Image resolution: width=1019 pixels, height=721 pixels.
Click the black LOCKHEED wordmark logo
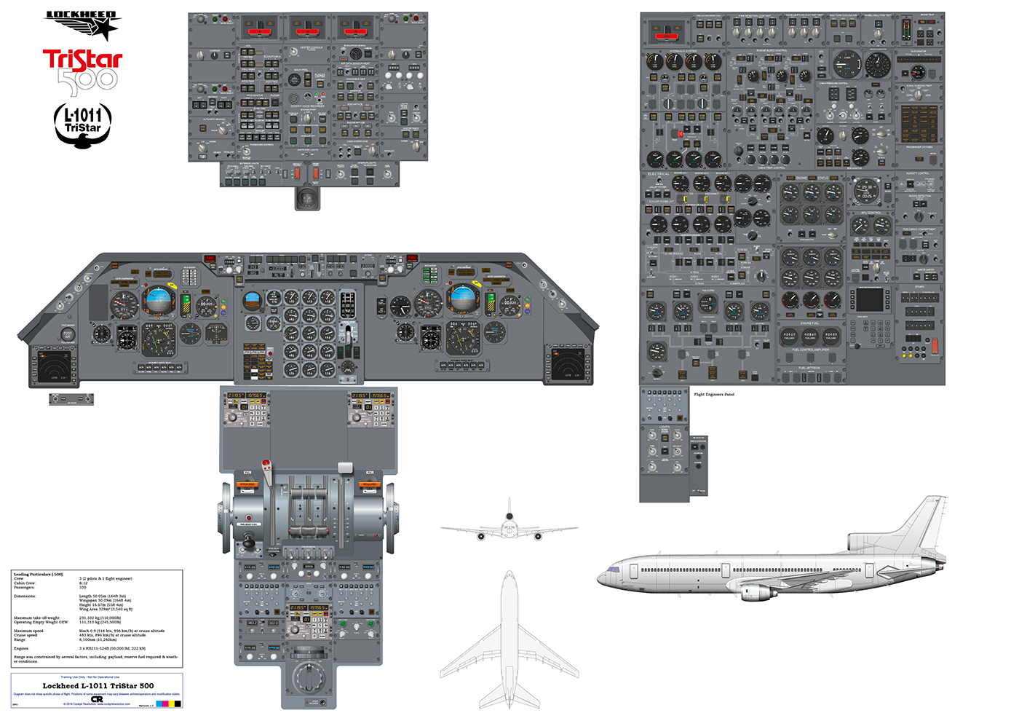tap(82, 15)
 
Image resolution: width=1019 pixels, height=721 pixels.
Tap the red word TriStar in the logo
tap(82, 60)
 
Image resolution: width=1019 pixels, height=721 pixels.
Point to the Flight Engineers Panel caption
tap(714, 395)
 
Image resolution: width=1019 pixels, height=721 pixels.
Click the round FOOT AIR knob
tap(68, 334)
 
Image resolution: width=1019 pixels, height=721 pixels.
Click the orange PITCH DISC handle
tap(247, 484)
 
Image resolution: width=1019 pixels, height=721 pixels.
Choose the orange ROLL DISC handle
tap(369, 484)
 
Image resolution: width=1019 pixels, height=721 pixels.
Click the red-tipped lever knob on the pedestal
tap(266, 465)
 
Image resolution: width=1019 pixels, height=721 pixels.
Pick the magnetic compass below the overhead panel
tap(307, 197)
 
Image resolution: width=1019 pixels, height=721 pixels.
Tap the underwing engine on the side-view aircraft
tap(759, 591)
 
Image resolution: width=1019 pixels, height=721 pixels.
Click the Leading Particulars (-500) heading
tap(38, 575)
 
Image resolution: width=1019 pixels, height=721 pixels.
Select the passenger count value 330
tap(83, 588)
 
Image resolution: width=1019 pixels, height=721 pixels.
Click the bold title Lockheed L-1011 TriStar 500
tap(98, 686)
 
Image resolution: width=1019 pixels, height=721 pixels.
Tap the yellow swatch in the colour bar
tap(171, 704)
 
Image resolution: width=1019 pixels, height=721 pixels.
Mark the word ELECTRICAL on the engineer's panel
tap(659, 174)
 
